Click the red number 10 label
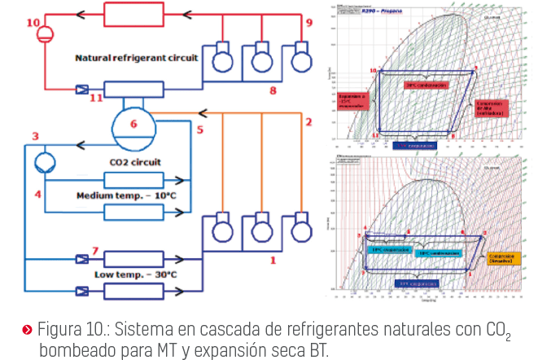(x=33, y=23)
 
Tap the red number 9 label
(x=308, y=23)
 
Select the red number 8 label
(x=273, y=90)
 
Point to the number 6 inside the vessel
(x=133, y=125)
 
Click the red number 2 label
(x=308, y=122)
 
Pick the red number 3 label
(x=35, y=136)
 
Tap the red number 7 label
(x=95, y=251)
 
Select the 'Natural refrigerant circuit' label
(x=137, y=59)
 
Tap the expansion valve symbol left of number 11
(x=81, y=90)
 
